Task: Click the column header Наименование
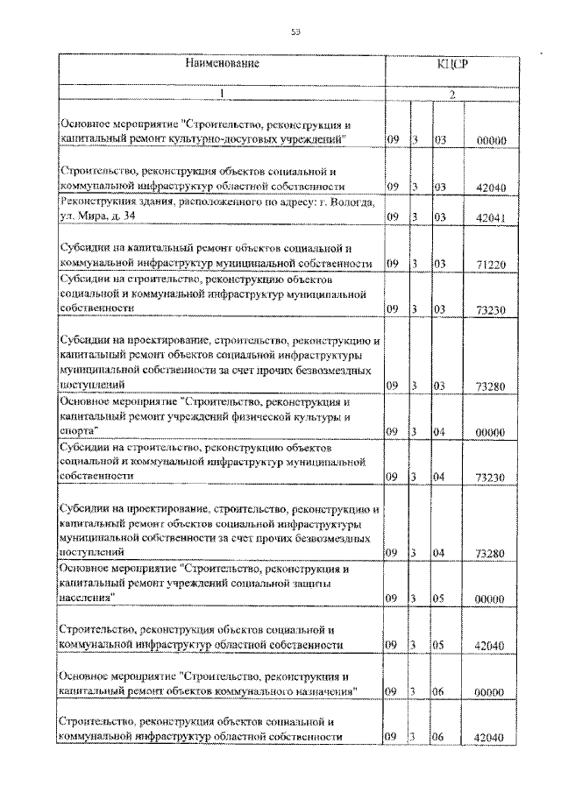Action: tap(222, 64)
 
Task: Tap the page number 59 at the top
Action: tap(295, 32)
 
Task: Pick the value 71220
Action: tap(486, 264)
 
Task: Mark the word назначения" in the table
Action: tap(322, 691)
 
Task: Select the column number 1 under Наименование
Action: tap(222, 93)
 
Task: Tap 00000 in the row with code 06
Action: tap(486, 692)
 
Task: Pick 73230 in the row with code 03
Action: tap(486, 310)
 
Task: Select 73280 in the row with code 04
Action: tap(486, 554)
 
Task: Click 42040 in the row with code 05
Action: tap(486, 646)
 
